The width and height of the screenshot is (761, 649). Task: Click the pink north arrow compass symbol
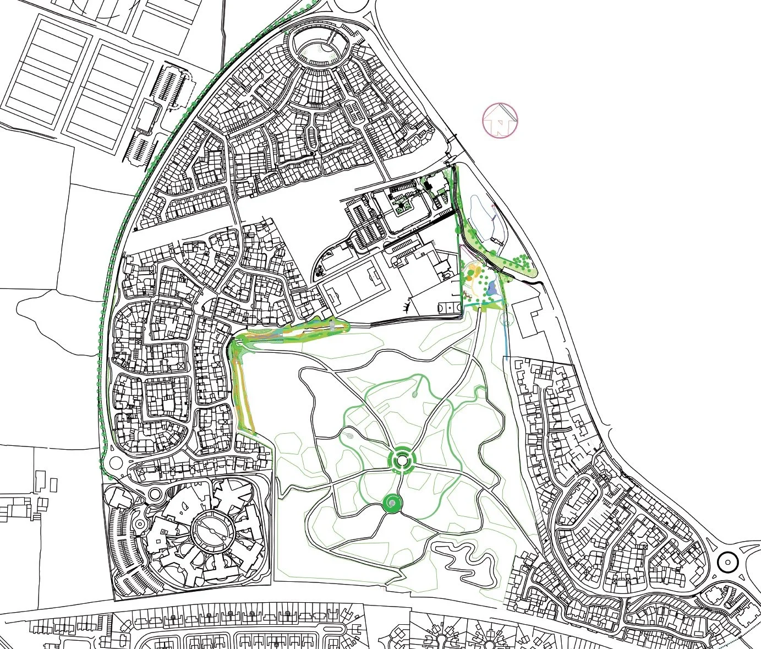[x=500, y=119]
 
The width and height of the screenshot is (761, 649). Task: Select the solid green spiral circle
[x=391, y=502]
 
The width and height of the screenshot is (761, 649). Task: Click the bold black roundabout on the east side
[x=728, y=563]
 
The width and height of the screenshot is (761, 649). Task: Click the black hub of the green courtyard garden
[x=400, y=208]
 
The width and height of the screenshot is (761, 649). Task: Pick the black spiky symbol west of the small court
[x=407, y=304]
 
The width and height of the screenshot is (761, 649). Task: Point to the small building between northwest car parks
[x=146, y=117]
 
